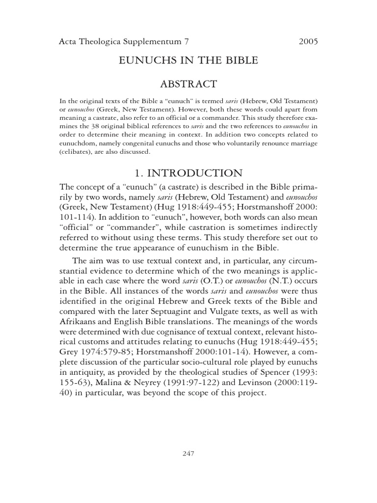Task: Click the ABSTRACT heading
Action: pyautogui.click(x=188, y=84)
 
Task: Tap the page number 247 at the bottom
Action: pyautogui.click(x=188, y=453)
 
